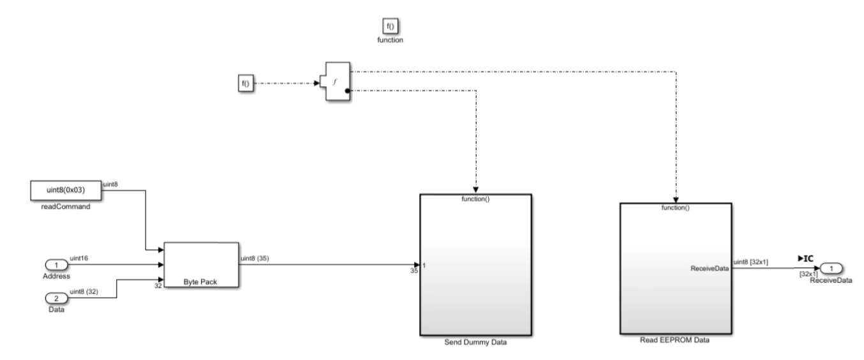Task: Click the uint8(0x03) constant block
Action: pos(66,190)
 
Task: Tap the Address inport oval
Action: pos(56,265)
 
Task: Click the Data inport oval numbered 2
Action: pos(56,297)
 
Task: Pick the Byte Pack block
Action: pos(201,265)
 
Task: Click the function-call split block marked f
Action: pos(336,82)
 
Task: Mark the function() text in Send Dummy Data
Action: pos(475,199)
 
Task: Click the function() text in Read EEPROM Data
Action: pos(676,207)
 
